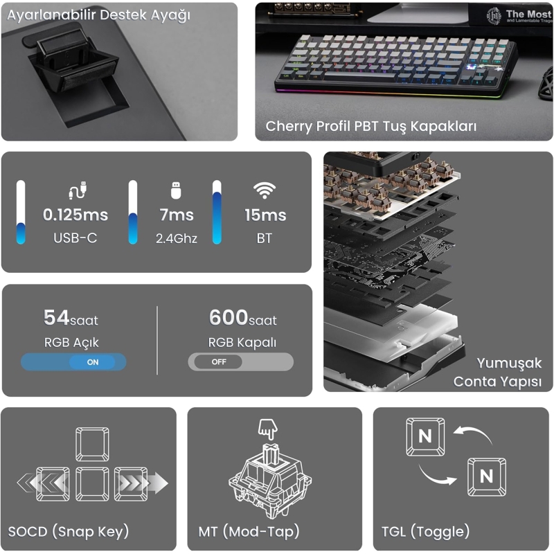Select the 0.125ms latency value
pyautogui.click(x=75, y=215)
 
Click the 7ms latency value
pyautogui.click(x=177, y=215)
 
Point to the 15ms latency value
pyautogui.click(x=265, y=215)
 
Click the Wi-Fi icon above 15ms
pyautogui.click(x=263, y=190)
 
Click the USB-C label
pyautogui.click(x=75, y=238)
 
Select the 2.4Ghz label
pyautogui.click(x=177, y=238)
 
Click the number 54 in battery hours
pyautogui.click(x=56, y=318)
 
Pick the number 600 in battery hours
pyautogui.click(x=229, y=318)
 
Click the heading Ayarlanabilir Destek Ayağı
pyautogui.click(x=98, y=15)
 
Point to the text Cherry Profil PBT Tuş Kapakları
pyautogui.click(x=371, y=127)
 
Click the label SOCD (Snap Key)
pyautogui.click(x=69, y=532)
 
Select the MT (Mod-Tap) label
pyautogui.click(x=249, y=532)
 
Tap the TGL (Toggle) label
pyautogui.click(x=425, y=532)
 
